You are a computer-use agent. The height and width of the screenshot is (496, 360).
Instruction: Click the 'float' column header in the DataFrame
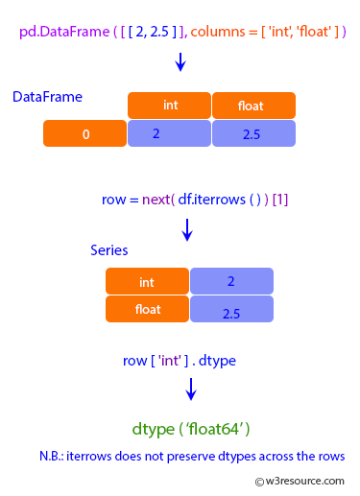click(x=253, y=106)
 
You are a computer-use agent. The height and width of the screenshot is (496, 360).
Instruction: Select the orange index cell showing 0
click(x=84, y=134)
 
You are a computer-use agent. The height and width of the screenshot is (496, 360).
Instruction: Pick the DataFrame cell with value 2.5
click(x=253, y=134)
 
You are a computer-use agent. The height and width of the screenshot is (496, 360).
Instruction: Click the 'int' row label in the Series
click(x=147, y=282)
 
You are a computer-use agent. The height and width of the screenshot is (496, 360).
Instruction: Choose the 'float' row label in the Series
click(x=147, y=309)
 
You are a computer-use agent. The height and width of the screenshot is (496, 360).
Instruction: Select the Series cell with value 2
click(x=231, y=282)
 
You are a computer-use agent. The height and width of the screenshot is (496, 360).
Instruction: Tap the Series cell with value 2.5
click(x=231, y=310)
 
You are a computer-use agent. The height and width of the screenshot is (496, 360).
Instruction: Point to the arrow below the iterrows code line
click(x=187, y=229)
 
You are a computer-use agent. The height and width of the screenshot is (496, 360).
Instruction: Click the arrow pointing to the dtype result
click(x=191, y=389)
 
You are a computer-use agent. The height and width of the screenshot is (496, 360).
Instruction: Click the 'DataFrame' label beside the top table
click(x=47, y=97)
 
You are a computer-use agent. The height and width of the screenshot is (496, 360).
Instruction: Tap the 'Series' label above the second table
click(x=108, y=250)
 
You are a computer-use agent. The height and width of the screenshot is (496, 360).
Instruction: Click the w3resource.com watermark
click(x=300, y=482)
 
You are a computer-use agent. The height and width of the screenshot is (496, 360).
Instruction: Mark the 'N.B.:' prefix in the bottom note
click(x=55, y=456)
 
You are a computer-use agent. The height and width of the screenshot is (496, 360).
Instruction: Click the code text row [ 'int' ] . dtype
click(x=180, y=361)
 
